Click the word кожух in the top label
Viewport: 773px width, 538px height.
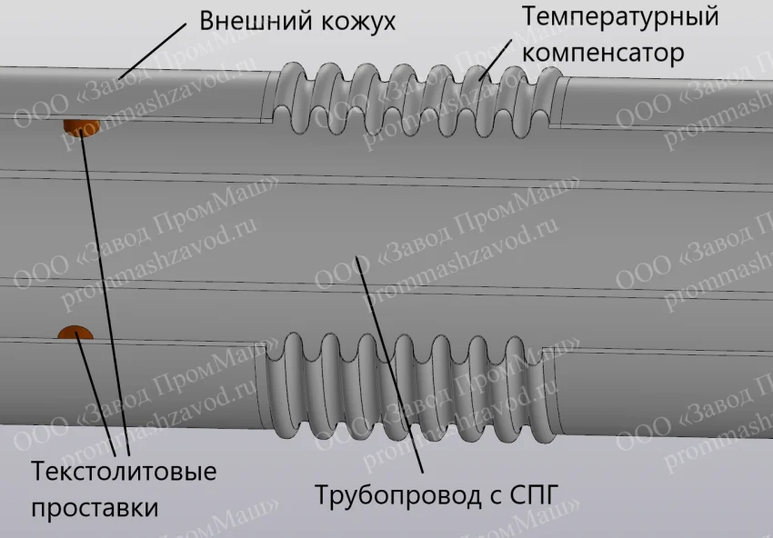point(349,21)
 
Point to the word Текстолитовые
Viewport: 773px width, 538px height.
point(124,473)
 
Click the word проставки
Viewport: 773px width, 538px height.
point(95,507)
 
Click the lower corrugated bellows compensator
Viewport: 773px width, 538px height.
point(409,382)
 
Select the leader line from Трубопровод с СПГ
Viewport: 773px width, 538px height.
point(392,364)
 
